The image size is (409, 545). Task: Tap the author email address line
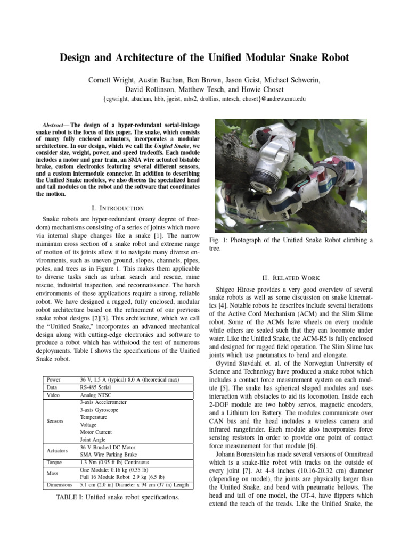pyautogui.click(x=204, y=100)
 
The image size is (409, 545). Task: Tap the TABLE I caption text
pyautogui.click(x=117, y=497)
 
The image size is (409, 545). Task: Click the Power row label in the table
pyautogui.click(x=54, y=379)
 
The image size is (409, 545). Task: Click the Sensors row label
pyautogui.click(x=55, y=421)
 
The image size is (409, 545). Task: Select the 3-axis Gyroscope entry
pyautogui.click(x=100, y=410)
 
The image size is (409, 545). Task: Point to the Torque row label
pyautogui.click(x=55, y=463)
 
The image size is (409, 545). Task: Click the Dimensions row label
pyautogui.click(x=59, y=485)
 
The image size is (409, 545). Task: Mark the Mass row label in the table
pyautogui.click(x=53, y=474)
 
